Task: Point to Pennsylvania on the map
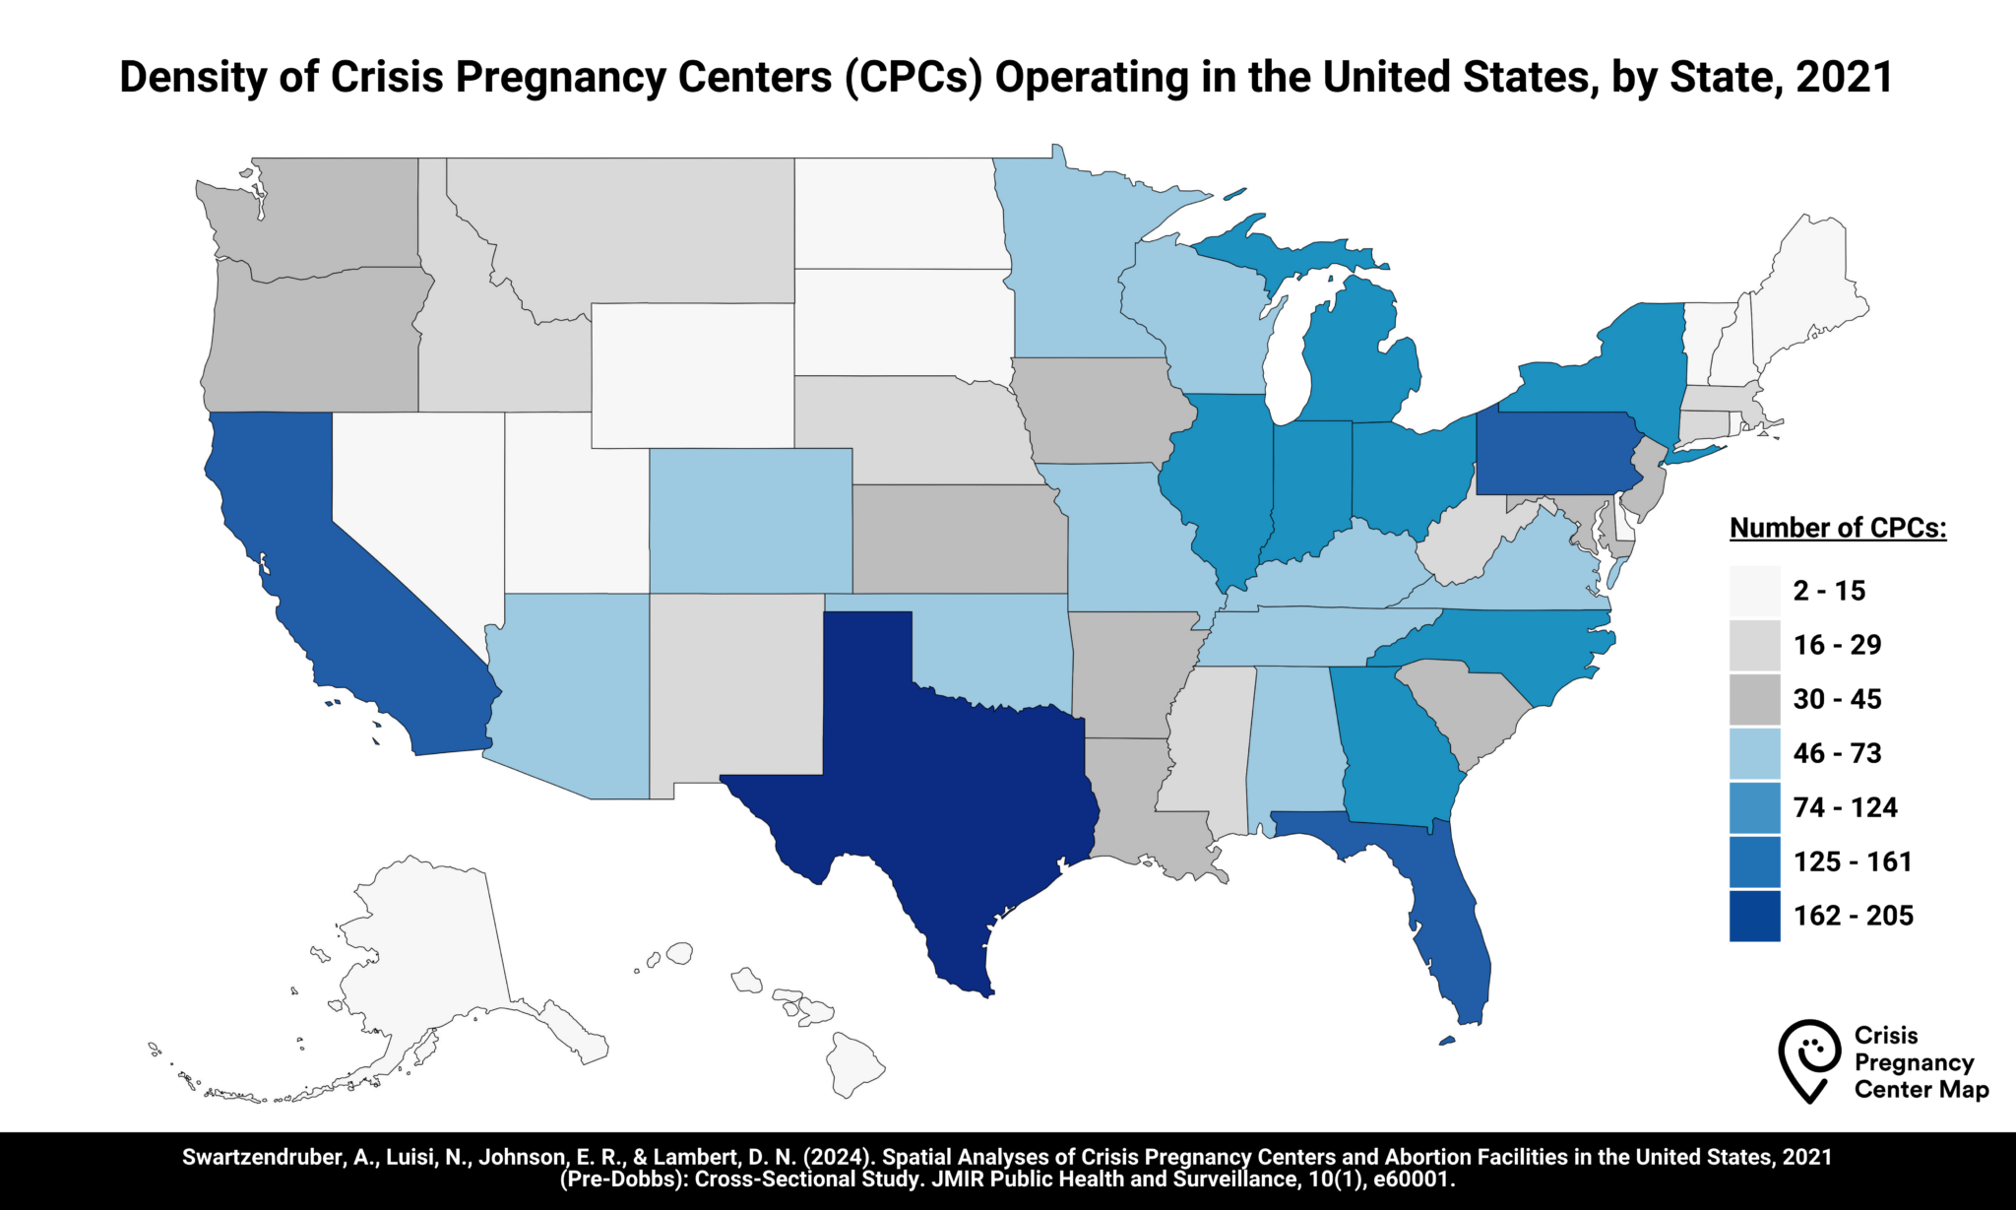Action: pyautogui.click(x=1555, y=453)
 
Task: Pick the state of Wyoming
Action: pyautogui.click(x=692, y=374)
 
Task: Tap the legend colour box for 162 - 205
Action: pyautogui.click(x=1754, y=916)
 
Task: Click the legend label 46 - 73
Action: pyautogui.click(x=1837, y=753)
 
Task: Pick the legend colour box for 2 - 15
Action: pyautogui.click(x=1754, y=591)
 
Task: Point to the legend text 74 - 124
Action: pyautogui.click(x=1845, y=807)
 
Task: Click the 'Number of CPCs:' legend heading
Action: pyautogui.click(x=1837, y=528)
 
